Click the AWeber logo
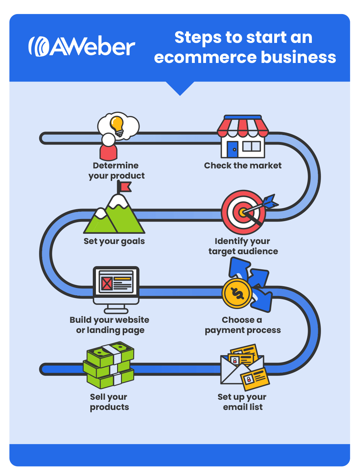coord(82,46)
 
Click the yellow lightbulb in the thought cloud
coord(117,124)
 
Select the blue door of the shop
coord(232,149)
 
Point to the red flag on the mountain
coord(125,186)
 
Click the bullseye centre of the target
coord(242,212)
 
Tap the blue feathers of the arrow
coord(270,201)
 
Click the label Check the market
coord(243,166)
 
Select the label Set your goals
coord(114,241)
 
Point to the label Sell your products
coord(109,402)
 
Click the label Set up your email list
coord(242,402)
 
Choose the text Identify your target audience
coord(243,246)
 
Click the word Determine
coord(116,166)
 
